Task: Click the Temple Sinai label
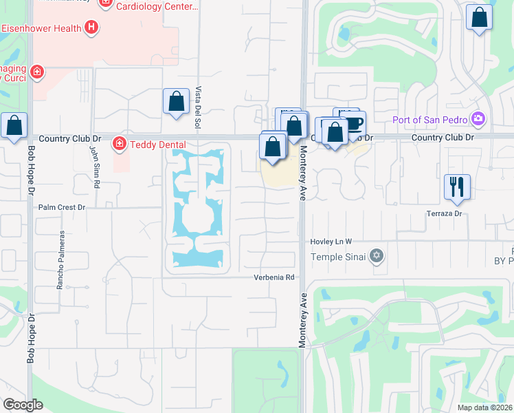(x=337, y=257)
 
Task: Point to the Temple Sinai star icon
(x=375, y=257)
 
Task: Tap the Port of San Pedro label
(x=429, y=120)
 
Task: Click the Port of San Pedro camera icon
(x=478, y=120)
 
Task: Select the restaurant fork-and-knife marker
(x=457, y=187)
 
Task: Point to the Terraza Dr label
(x=444, y=214)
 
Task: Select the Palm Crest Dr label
(x=61, y=206)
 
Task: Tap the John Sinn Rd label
(x=95, y=167)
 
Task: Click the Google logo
(x=23, y=405)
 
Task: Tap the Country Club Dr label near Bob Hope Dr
(x=65, y=138)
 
